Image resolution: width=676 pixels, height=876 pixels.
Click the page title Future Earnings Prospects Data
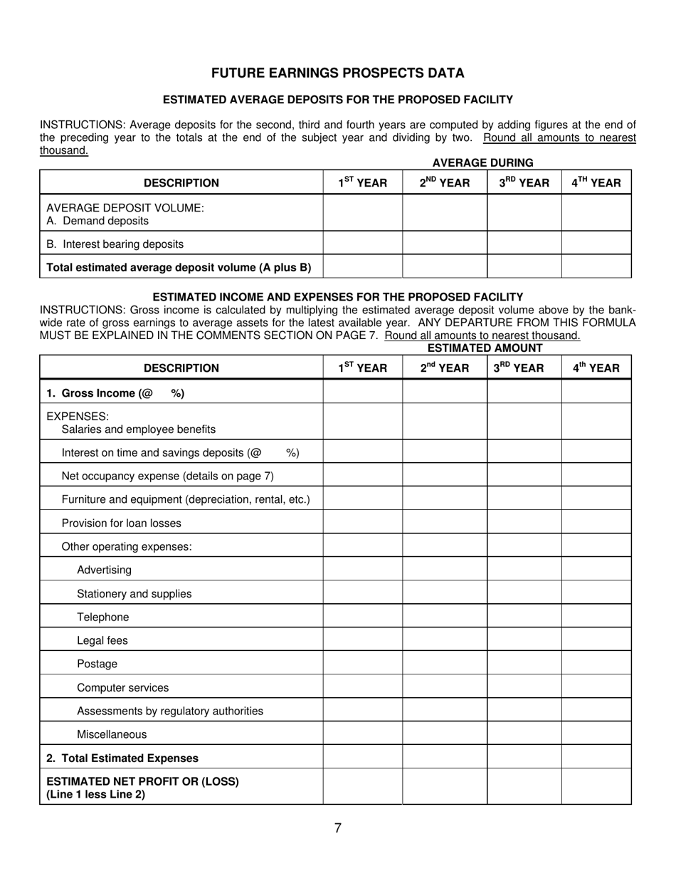[337, 73]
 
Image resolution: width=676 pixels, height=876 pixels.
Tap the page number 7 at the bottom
[337, 828]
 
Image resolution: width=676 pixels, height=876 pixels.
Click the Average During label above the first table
[482, 163]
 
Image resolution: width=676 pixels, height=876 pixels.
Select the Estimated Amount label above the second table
[485, 348]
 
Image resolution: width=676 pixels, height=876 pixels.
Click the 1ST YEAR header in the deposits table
[362, 183]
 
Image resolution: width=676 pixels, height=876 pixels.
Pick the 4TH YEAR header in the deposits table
[596, 183]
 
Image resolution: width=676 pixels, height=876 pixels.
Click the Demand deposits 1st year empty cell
[362, 213]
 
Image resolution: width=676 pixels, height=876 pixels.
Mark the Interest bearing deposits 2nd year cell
[444, 244]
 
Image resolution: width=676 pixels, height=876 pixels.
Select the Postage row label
[97, 664]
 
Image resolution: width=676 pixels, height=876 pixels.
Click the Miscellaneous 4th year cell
[596, 734]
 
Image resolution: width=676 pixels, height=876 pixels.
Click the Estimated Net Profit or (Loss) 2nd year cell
[444, 787]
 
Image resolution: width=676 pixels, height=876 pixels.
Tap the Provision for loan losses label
[121, 523]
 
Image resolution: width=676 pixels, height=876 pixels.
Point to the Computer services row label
[122, 687]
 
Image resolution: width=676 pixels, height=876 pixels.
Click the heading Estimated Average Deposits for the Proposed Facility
[337, 100]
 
